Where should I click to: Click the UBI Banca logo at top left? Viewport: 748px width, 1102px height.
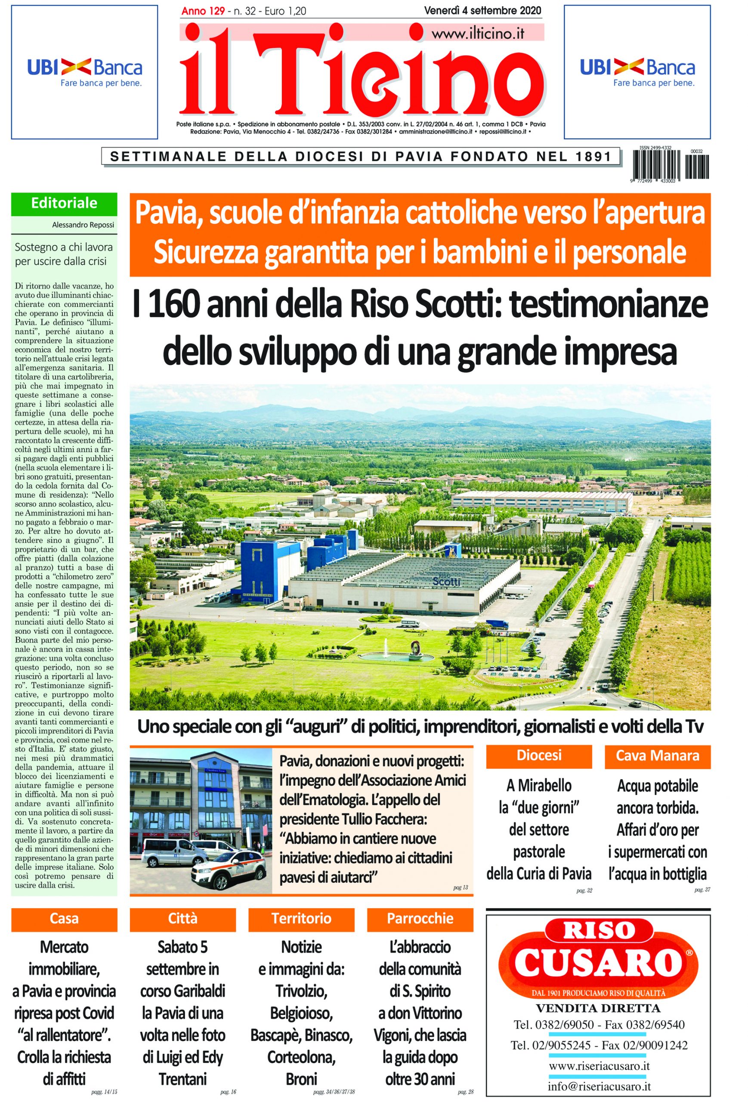84,72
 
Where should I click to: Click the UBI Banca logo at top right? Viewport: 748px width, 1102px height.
637,72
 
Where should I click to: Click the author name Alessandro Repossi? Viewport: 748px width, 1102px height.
83,225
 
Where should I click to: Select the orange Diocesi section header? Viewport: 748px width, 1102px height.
538,755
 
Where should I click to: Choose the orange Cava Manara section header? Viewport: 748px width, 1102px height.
657,755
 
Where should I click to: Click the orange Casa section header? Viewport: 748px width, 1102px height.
64,919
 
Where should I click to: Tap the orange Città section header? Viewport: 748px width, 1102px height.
182,919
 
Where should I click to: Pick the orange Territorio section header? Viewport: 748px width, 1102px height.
301,919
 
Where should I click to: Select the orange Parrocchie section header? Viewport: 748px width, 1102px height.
420,919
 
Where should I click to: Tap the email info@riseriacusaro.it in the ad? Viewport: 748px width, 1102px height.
599,1086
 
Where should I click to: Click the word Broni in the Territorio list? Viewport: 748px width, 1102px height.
301,1079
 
